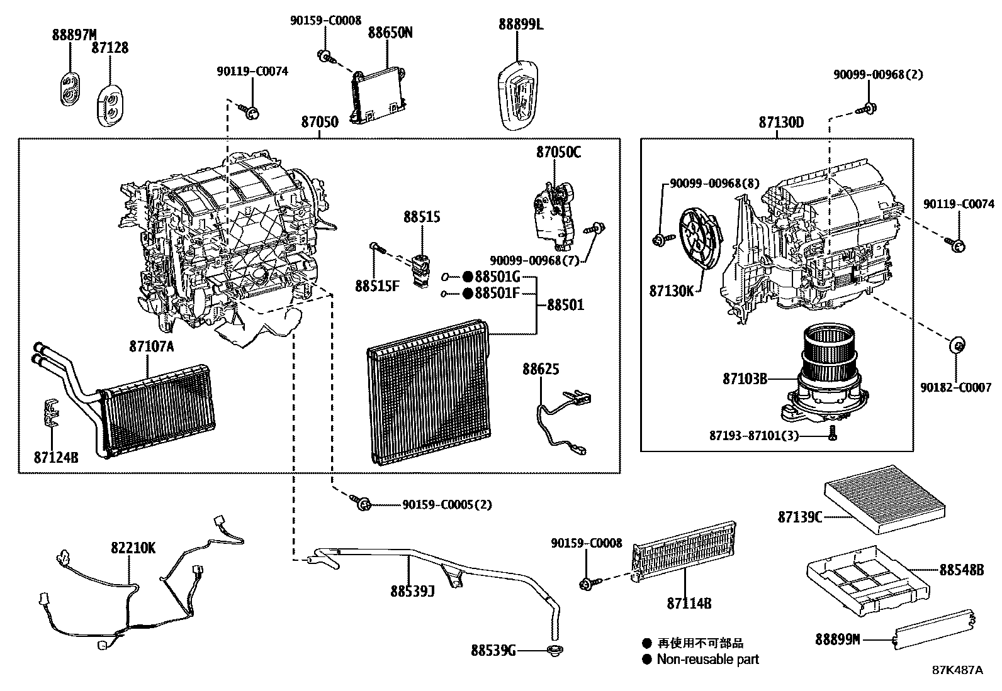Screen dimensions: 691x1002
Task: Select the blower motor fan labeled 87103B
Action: (825, 371)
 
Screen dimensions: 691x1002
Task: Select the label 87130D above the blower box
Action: (780, 123)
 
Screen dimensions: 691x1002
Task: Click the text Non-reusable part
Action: (707, 660)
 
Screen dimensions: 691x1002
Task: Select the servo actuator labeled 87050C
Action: (554, 211)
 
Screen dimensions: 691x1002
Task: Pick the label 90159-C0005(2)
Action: (446, 504)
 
